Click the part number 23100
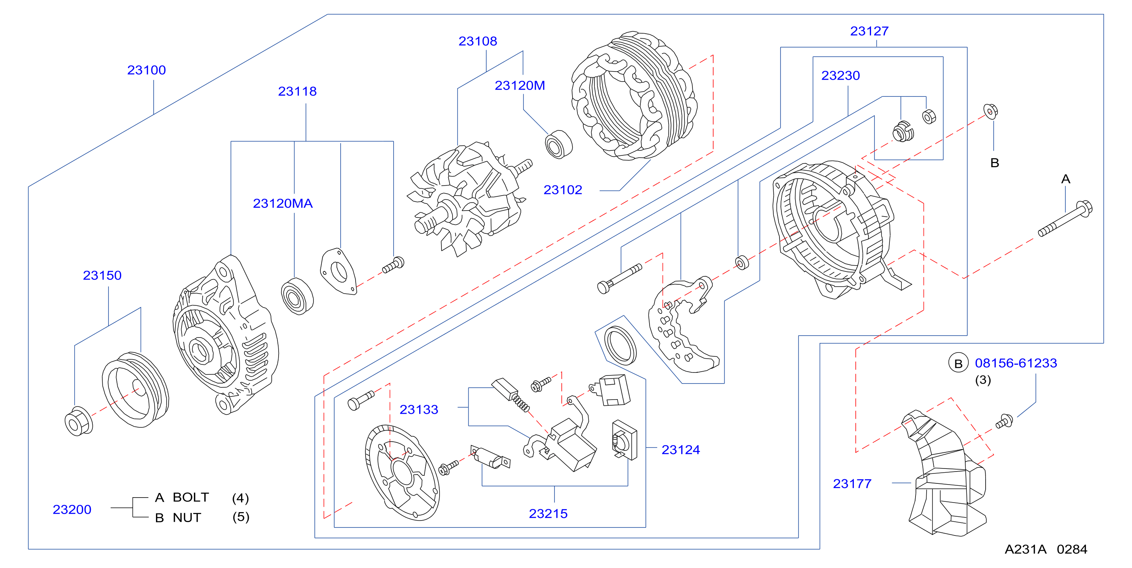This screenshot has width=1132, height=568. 146,70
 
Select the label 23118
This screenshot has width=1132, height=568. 297,91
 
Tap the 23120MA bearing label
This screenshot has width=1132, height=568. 282,203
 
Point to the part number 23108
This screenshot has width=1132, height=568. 478,41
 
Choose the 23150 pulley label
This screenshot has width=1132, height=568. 102,275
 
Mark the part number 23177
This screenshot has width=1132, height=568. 852,483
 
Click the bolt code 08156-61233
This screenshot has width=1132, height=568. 1016,363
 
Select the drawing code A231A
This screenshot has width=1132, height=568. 1025,549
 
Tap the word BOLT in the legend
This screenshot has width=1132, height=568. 191,497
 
